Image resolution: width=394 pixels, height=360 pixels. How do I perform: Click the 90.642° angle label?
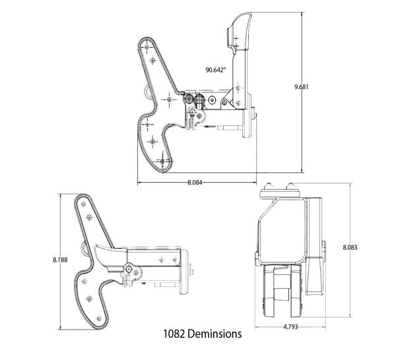coord(215,69)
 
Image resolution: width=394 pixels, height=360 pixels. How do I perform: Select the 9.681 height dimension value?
coord(302,86)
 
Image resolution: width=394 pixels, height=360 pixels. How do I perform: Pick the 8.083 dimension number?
coord(351,247)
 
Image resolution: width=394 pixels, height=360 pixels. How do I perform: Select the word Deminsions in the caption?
coord(215,334)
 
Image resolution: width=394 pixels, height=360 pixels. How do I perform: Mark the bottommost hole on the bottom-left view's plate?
coord(99,318)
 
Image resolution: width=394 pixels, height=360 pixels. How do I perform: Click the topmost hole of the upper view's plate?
coord(147,46)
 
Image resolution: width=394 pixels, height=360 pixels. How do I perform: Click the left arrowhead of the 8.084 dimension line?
coord(139,181)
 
